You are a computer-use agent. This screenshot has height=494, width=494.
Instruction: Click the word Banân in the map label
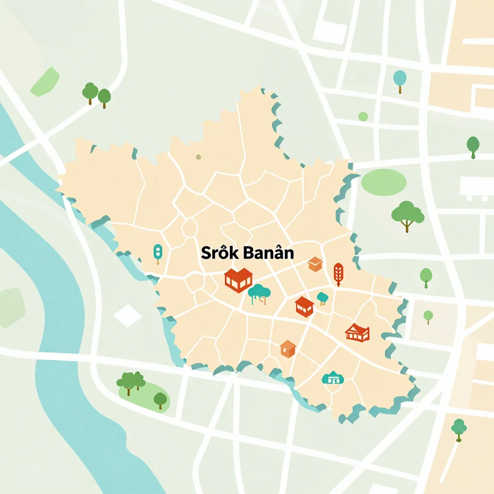[x=269, y=253]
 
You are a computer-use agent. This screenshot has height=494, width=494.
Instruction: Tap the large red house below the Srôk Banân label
[x=238, y=280]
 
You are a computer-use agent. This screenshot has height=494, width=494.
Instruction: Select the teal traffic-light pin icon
[x=158, y=253]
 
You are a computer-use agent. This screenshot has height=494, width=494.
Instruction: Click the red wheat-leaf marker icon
[x=338, y=274]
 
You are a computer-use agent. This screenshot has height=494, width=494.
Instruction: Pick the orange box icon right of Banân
[x=315, y=264]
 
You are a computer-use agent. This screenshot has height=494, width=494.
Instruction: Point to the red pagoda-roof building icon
[x=357, y=332]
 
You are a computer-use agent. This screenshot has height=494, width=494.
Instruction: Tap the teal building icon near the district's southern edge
[x=332, y=378]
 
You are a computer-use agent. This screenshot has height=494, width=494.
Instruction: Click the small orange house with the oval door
[x=288, y=348]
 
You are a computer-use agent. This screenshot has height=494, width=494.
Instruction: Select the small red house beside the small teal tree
[x=304, y=306]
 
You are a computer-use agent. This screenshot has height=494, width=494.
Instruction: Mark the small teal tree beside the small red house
[x=322, y=298]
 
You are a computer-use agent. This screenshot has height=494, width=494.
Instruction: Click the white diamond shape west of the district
[x=128, y=316]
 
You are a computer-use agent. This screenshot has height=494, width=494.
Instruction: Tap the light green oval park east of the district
[x=384, y=182]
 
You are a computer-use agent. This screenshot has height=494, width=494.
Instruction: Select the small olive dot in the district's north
[x=198, y=157]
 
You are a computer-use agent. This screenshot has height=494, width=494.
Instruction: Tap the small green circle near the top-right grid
[x=363, y=116]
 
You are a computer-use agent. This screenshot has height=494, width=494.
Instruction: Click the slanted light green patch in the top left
[x=45, y=82]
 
